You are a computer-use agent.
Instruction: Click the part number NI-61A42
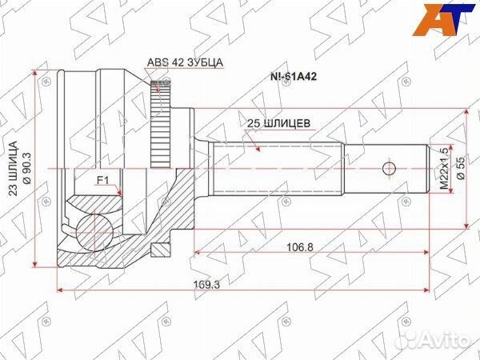tap(293, 77)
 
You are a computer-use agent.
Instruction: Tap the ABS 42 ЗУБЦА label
tap(186, 62)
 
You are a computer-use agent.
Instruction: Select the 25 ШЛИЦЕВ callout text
tap(278, 123)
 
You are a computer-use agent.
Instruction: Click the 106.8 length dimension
tap(300, 246)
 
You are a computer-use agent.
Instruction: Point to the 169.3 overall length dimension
tap(206, 285)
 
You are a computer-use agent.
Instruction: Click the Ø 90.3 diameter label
tap(27, 168)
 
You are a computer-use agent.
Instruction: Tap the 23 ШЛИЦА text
tap(13, 168)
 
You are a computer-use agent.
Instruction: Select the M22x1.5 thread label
tap(444, 168)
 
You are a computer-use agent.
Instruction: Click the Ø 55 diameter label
tap(461, 168)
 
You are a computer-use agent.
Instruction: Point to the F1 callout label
tap(103, 181)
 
